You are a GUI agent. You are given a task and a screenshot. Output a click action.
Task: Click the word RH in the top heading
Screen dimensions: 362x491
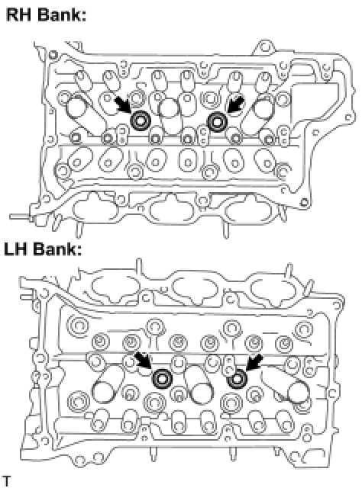(x=18, y=14)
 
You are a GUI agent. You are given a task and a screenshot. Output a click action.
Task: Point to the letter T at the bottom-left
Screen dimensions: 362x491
(x=7, y=480)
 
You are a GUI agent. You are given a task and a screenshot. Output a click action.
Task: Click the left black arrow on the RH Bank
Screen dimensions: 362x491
(x=122, y=104)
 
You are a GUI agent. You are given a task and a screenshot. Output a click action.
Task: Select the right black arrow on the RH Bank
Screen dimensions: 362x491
(x=235, y=104)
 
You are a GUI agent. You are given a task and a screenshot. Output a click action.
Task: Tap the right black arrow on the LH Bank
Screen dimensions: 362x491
(x=254, y=362)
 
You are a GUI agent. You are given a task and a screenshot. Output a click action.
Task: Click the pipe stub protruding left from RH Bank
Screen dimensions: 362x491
(x=21, y=217)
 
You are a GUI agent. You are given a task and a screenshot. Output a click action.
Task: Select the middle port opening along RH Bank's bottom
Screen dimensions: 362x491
(x=172, y=210)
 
